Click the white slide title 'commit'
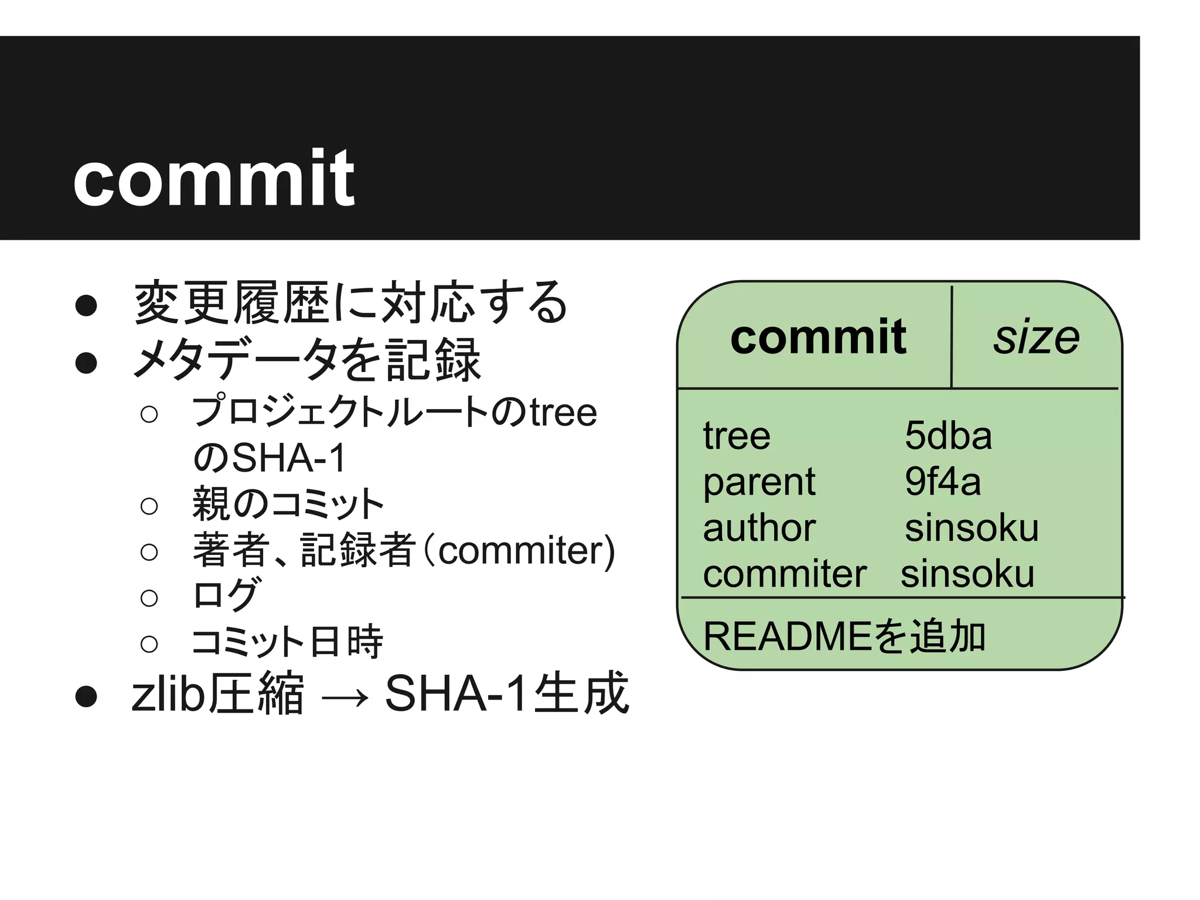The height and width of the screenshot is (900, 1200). [213, 178]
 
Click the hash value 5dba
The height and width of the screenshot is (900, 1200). [948, 435]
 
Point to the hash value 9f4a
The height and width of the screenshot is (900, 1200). [942, 482]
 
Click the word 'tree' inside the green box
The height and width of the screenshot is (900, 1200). [737, 436]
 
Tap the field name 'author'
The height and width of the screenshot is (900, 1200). [759, 528]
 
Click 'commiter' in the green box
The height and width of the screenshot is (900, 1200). [785, 574]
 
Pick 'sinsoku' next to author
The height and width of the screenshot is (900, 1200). [971, 528]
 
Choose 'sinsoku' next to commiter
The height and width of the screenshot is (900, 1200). [967, 574]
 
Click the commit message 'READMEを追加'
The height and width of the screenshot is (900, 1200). [844, 636]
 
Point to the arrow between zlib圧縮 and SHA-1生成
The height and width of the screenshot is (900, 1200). [345, 697]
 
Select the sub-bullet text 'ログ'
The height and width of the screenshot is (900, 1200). [226, 595]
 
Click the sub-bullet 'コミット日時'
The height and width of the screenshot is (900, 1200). [287, 642]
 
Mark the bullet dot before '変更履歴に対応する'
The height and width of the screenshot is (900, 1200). [86, 305]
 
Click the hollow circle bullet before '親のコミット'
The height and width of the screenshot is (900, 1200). [149, 506]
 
